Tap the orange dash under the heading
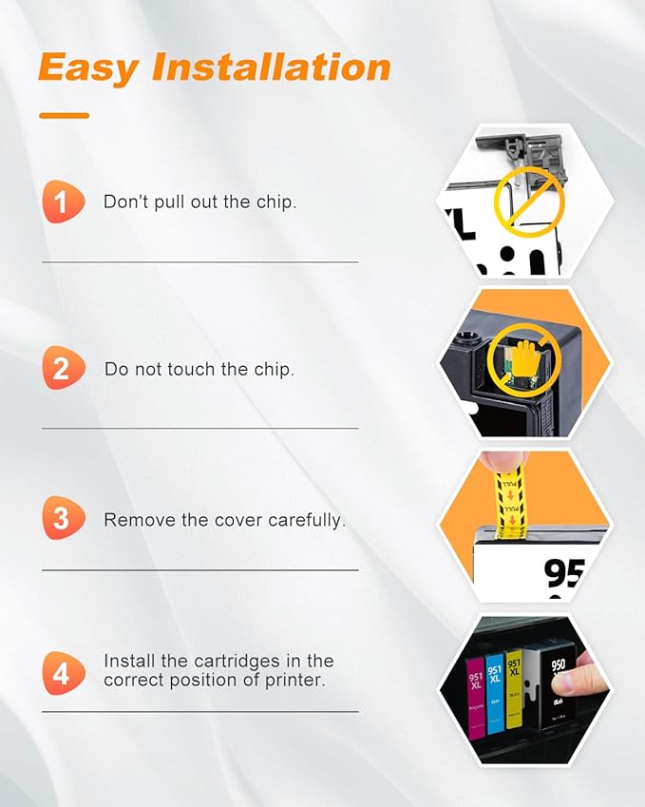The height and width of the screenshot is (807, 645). [x=65, y=116]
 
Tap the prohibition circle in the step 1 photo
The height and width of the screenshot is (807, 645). [x=529, y=201]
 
